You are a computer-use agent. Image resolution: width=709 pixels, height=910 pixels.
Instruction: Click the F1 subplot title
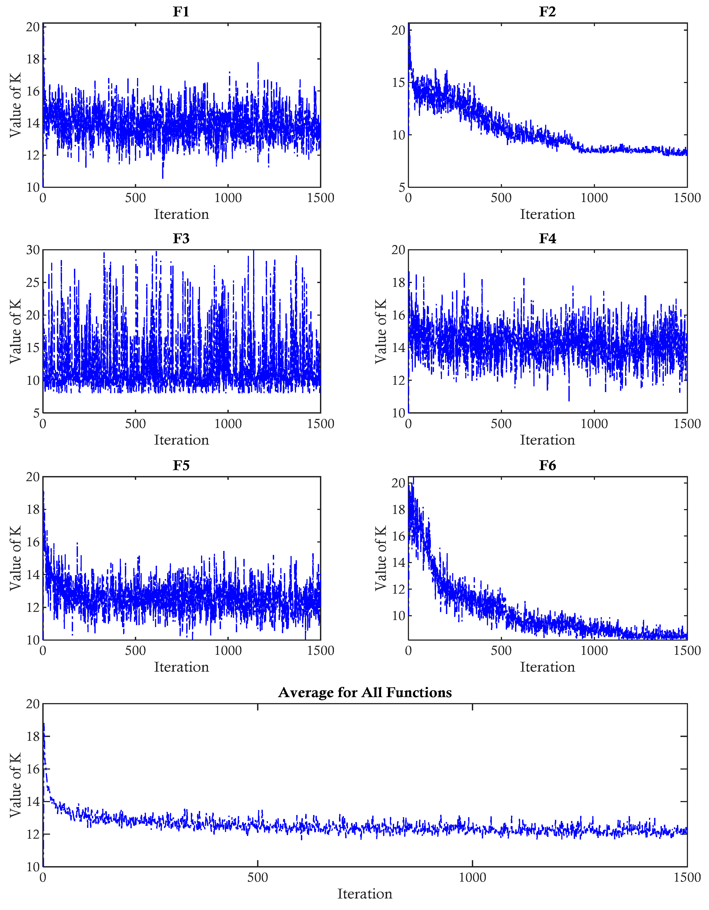pos(181,12)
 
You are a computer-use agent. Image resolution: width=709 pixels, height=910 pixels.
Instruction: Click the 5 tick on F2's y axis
pos(402,187)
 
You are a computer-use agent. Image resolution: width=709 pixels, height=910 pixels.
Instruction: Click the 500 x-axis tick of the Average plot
pos(258,877)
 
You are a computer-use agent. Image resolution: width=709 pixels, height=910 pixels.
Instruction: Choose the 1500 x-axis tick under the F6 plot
pos(687,651)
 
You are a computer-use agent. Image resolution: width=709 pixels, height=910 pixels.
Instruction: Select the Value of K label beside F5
pos(15,558)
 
